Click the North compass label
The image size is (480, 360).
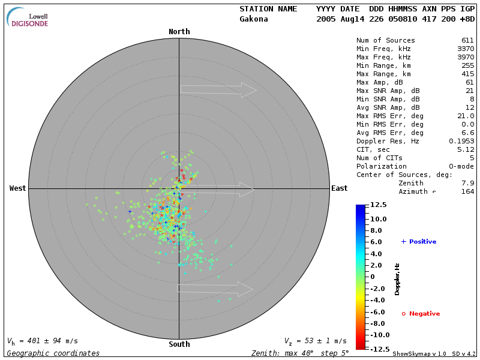click(179, 32)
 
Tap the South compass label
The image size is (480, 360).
click(179, 344)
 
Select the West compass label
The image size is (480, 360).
click(17, 188)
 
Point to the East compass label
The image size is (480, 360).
click(339, 188)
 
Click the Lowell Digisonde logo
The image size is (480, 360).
click(28, 17)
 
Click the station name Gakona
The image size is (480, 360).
click(254, 19)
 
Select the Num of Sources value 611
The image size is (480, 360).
click(467, 40)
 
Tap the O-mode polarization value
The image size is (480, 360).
click(460, 166)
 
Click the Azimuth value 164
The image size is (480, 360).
click(467, 191)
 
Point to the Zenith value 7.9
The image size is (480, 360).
click(467, 183)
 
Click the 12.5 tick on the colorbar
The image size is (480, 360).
click(379, 205)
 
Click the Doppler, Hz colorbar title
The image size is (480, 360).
click(397, 278)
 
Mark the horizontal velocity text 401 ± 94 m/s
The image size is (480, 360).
click(43, 341)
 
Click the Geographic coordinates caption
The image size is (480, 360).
click(53, 353)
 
